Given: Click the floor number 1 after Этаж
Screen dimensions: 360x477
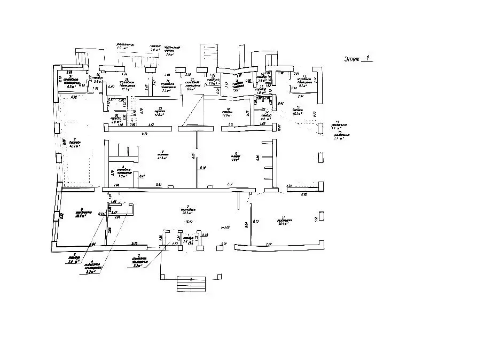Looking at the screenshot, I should pos(367,58).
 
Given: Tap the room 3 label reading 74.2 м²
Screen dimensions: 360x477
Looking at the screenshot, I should pos(186,212).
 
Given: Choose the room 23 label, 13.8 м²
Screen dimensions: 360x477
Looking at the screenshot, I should pos(158,113).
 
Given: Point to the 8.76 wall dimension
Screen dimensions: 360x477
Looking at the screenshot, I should pos(144,133).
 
